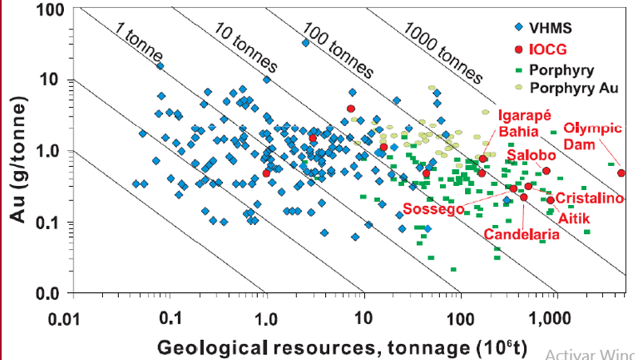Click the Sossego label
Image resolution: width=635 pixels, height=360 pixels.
434,208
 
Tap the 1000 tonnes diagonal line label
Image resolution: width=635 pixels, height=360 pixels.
443,52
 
